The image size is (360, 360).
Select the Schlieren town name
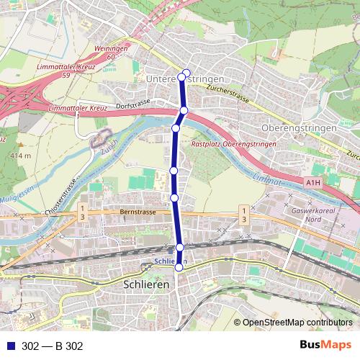[x=142, y=285]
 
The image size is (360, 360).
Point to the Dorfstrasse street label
[x=132, y=103]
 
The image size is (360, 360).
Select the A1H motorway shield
[x=312, y=183]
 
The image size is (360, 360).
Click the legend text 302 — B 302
[x=53, y=346]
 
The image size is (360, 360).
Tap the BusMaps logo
[x=327, y=345]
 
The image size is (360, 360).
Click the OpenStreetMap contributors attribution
[x=297, y=323]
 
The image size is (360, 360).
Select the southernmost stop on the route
[x=179, y=268]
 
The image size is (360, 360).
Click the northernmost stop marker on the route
[x=186, y=72]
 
